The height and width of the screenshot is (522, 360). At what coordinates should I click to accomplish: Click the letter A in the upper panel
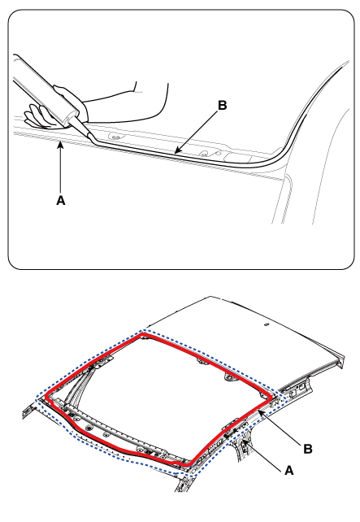(61, 200)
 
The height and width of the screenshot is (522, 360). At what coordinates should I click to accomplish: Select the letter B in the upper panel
(222, 105)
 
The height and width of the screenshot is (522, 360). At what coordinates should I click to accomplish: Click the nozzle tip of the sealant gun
(93, 140)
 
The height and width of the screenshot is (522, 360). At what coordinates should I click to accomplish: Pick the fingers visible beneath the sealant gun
(39, 116)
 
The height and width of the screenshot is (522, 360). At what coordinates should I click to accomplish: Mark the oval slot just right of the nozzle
(115, 137)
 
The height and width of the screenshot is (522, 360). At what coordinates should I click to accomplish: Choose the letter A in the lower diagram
(288, 471)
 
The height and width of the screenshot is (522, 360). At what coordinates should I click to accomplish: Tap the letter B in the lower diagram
(308, 449)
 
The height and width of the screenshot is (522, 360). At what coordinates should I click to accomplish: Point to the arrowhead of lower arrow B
(261, 412)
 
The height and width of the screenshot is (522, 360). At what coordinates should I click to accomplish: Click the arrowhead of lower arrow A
(245, 442)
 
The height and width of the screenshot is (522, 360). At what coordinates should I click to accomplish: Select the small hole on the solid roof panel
(267, 324)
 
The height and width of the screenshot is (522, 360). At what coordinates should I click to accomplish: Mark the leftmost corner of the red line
(46, 397)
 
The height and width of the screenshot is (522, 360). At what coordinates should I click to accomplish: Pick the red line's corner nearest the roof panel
(143, 333)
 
